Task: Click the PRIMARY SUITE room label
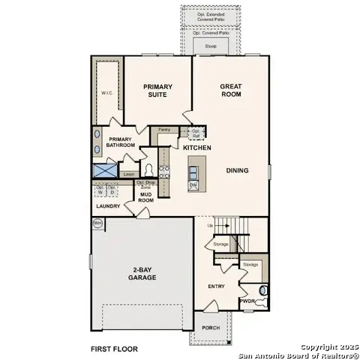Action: click(x=158, y=91)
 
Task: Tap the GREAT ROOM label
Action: click(x=230, y=91)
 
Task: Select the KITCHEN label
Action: click(x=196, y=148)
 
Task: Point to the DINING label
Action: click(x=237, y=170)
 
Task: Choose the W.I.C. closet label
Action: click(x=107, y=93)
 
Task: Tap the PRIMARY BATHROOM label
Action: click(x=121, y=142)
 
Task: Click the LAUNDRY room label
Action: click(x=108, y=205)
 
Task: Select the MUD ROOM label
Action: click(x=146, y=198)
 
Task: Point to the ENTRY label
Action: click(x=216, y=286)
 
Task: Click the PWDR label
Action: click(x=247, y=301)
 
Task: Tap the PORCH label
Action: click(x=211, y=328)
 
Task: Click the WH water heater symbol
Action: click(x=97, y=223)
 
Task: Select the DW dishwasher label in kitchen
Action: click(x=193, y=184)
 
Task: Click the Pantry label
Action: click(x=163, y=130)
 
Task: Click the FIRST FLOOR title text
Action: click(x=115, y=349)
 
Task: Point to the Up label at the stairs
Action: click(x=211, y=225)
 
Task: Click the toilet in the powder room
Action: click(x=262, y=290)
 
